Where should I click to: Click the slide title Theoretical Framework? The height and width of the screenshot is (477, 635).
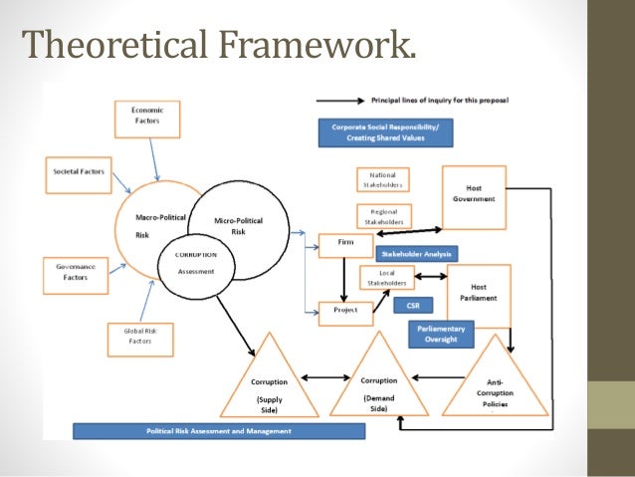pyautogui.click(x=217, y=46)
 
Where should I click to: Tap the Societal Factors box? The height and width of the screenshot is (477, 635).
pyautogui.click(x=78, y=172)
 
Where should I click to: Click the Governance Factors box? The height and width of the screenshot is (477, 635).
pyautogui.click(x=77, y=271)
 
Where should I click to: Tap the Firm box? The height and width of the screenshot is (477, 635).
pyautogui.click(x=344, y=245)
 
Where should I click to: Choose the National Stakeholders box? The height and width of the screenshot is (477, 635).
pyautogui.click(x=382, y=179)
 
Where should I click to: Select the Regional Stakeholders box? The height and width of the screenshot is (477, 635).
pyautogui.click(x=382, y=216)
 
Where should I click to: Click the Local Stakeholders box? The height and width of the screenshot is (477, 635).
pyautogui.click(x=382, y=278)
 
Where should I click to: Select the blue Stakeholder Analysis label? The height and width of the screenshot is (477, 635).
pyautogui.click(x=417, y=254)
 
